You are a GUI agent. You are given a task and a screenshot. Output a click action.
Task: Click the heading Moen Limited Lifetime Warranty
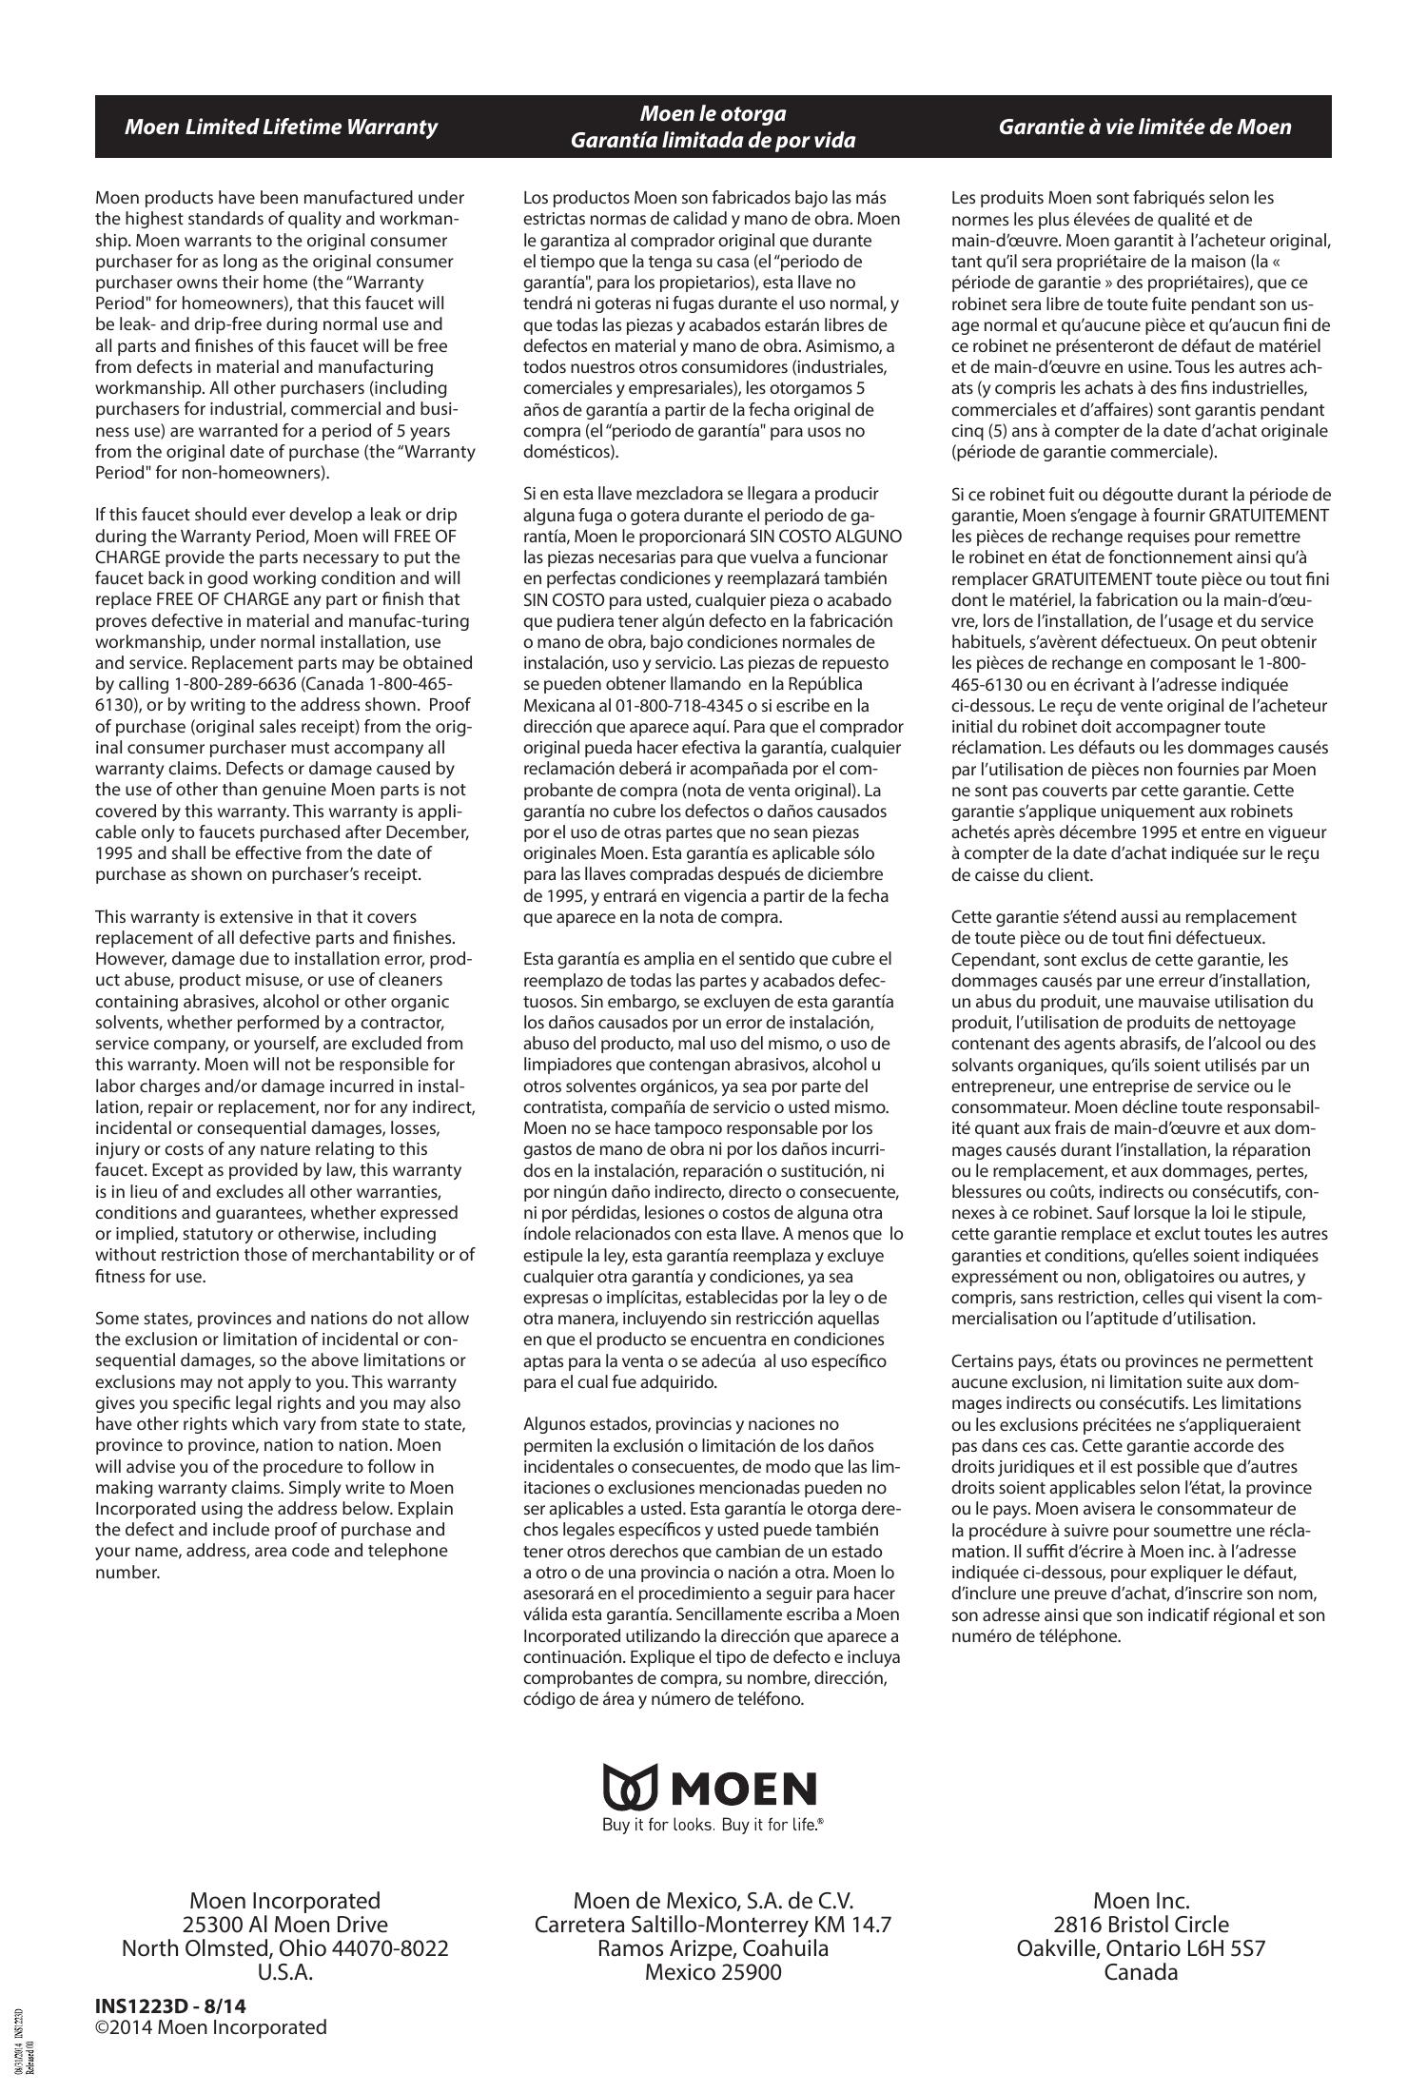click(x=281, y=127)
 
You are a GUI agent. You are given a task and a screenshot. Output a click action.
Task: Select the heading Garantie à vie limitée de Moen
click(x=1144, y=127)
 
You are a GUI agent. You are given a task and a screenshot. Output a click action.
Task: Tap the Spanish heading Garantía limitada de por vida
click(x=713, y=140)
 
